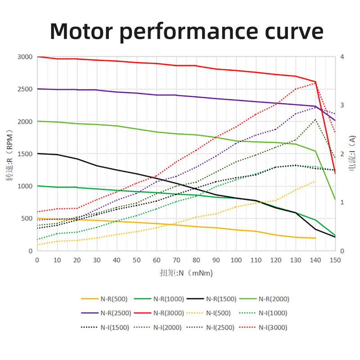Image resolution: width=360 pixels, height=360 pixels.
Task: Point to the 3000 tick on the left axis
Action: tap(25, 57)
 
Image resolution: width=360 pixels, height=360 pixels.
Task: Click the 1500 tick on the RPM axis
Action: tap(25, 154)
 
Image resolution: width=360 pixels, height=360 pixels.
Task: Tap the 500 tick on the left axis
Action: tap(27, 219)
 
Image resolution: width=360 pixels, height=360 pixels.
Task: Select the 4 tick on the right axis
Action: tap(342, 57)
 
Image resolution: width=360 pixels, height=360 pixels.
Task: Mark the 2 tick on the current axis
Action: tap(342, 154)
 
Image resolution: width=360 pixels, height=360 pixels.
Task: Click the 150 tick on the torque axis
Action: tap(335, 260)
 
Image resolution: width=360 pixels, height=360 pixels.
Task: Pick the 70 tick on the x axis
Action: tap(176, 260)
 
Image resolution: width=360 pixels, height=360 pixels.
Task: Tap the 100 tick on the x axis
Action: tap(235, 260)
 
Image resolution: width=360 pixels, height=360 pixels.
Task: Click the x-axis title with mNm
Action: tap(186, 273)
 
